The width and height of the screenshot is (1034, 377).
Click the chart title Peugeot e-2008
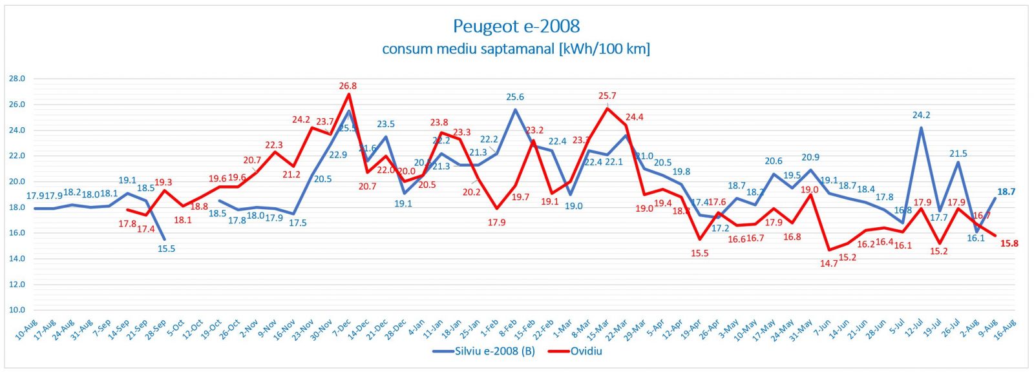point(516,26)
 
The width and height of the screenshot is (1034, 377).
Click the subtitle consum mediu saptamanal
point(516,49)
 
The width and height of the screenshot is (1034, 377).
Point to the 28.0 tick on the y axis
point(17,79)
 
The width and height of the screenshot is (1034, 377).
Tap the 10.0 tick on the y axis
point(17,310)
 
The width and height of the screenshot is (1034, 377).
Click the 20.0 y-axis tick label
point(17,181)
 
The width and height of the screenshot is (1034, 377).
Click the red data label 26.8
point(348,86)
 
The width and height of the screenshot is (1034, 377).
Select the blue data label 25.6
point(515,97)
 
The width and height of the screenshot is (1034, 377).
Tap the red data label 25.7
point(607,96)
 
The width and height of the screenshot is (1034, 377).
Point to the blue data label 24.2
point(921,116)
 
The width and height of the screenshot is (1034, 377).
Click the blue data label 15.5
point(167,249)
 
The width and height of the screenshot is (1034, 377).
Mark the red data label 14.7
point(828,263)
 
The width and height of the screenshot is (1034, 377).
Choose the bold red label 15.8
point(1009,243)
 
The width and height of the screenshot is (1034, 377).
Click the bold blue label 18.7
point(1006,192)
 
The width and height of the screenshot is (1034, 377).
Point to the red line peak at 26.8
point(349,94)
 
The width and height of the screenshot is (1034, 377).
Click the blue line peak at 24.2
point(921,128)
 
